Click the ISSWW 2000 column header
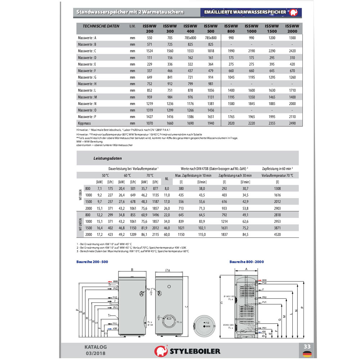292,28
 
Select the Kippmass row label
85,123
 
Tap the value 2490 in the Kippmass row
292,123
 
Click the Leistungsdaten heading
107,158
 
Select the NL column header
167,179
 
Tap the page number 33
307,346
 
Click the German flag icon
307,354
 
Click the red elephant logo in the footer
161,351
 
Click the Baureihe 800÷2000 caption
247,262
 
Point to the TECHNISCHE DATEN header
101,26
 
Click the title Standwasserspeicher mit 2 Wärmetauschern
130,12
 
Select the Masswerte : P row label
87,117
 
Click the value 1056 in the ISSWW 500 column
211,90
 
